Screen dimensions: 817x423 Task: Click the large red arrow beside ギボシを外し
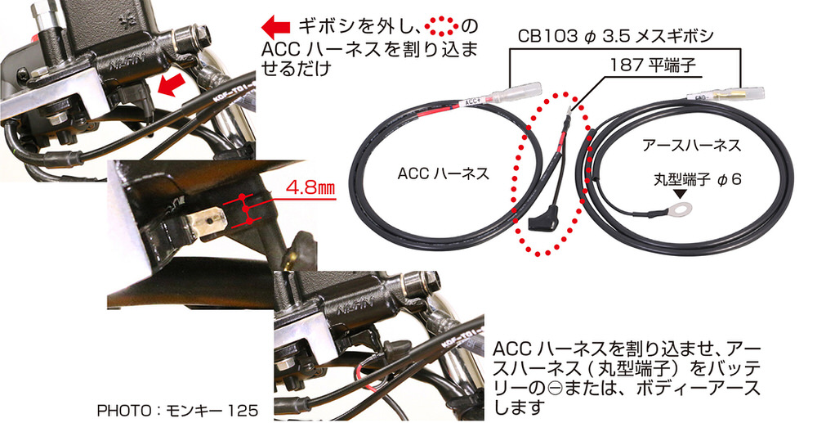275,25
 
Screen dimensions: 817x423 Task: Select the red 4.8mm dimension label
310,188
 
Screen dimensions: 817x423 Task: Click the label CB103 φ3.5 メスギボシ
615,37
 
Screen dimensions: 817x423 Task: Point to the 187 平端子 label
653,65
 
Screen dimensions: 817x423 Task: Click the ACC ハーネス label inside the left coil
444,173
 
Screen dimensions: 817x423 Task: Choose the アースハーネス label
691,145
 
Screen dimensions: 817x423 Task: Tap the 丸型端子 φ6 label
697,180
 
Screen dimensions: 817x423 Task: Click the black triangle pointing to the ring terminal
679,195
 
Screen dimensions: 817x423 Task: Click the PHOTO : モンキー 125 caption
177,410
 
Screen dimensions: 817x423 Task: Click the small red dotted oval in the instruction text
441,25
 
